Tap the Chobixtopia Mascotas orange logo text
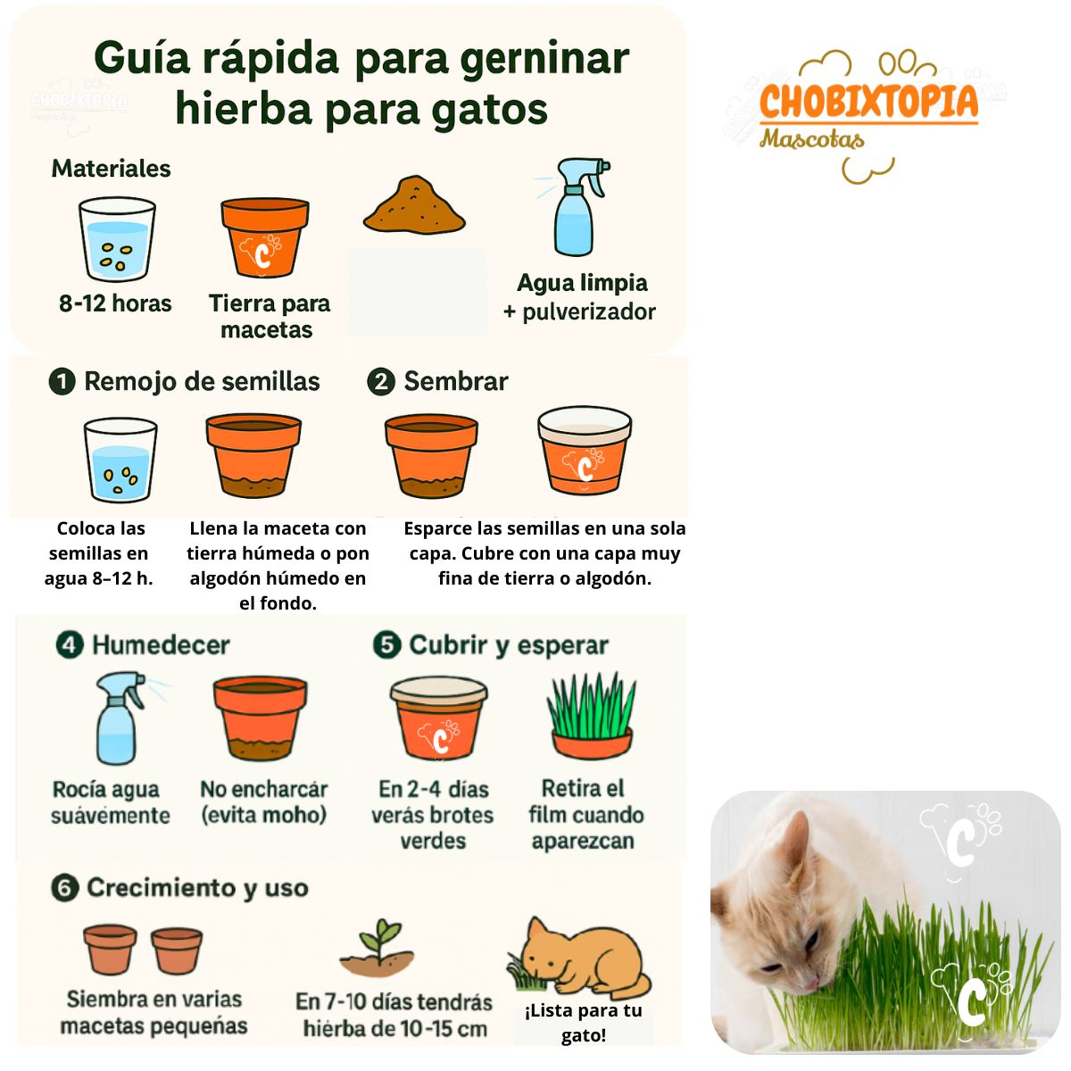coord(868,102)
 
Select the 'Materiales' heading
coord(111,169)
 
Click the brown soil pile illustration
coord(414,205)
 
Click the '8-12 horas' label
coord(115,303)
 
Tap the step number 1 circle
coord(62,382)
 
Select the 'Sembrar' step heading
coord(455,382)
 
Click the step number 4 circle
coord(70,645)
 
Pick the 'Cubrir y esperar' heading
coord(508,645)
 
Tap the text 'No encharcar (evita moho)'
coord(263,801)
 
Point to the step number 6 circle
coord(64,889)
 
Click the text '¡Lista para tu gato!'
coord(584,1023)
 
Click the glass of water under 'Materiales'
coord(117,239)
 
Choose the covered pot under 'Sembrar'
coord(585,452)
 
